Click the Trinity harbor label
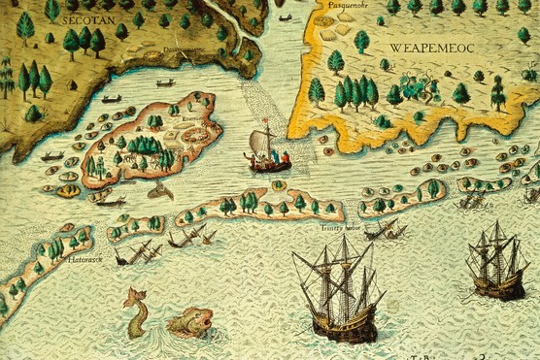[340, 227]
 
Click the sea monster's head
[191, 320]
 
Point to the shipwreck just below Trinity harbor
[385, 231]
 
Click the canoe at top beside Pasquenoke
[286, 17]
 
